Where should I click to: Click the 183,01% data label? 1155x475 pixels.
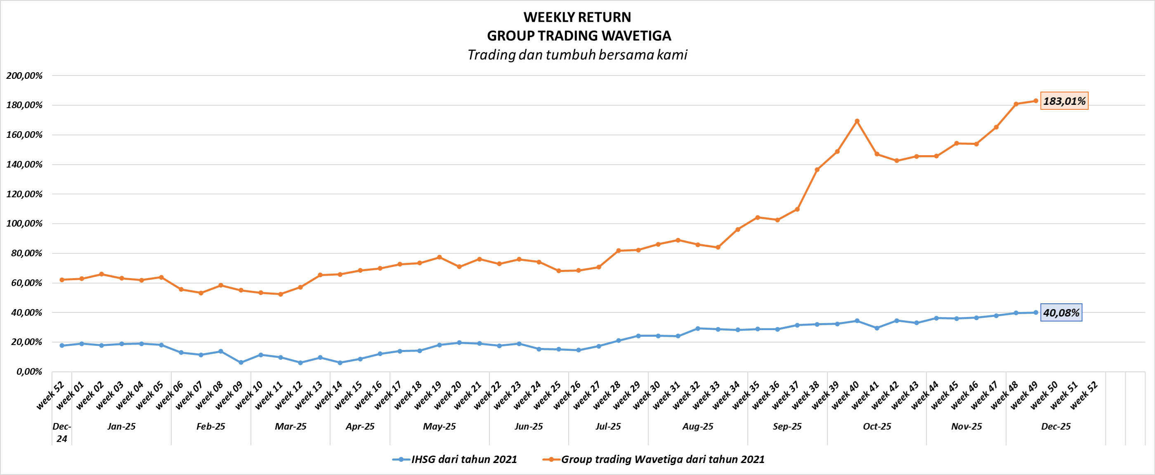[1064, 101]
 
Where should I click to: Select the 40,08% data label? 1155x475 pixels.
[1061, 313]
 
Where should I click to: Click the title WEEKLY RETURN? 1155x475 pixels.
[577, 17]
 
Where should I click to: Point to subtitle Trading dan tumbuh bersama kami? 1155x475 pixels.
[577, 55]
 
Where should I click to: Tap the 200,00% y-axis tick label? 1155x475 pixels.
[24, 76]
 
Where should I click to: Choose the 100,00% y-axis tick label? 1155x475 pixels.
[24, 223]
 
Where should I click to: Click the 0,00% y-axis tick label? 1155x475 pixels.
[29, 371]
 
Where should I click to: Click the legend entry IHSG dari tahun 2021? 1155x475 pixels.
[464, 459]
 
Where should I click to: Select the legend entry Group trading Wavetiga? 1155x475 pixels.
[663, 459]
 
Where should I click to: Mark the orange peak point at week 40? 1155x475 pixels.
[857, 121]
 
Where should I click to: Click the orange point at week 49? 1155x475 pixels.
[1036, 101]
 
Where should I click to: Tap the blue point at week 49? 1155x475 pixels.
[1036, 313]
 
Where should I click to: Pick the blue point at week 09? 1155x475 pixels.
[241, 362]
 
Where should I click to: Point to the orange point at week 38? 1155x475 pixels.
[817, 170]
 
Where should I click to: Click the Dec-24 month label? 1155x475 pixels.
[61, 432]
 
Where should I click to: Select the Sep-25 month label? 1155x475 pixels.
[787, 427]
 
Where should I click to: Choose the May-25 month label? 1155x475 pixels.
[439, 427]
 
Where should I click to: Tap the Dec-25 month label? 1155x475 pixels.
[1056, 427]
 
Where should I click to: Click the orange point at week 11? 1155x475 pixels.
[281, 294]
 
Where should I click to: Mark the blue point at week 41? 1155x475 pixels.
[876, 328]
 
